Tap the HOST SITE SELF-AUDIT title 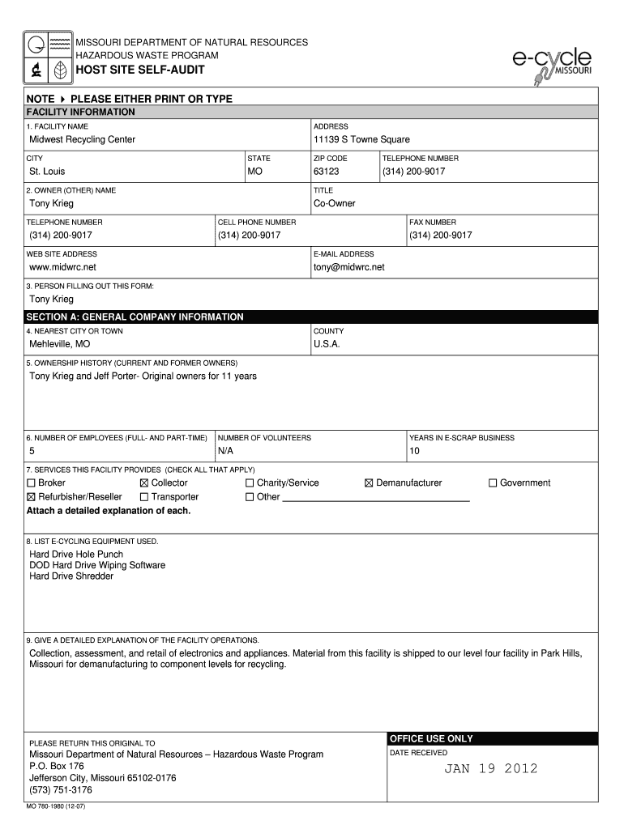tap(140, 70)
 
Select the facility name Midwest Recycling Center tap(83, 140)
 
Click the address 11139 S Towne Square tap(361, 140)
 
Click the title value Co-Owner tap(334, 203)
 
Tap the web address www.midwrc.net tap(62, 266)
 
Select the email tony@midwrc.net tap(348, 266)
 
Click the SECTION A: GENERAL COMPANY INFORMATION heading tap(135, 317)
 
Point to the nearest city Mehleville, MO tap(60, 344)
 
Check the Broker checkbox tap(32, 483)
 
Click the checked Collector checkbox tap(145, 483)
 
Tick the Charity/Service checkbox tap(250, 483)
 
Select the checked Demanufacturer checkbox tap(369, 483)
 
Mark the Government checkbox tap(493, 483)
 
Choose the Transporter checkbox tap(145, 497)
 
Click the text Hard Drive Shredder tap(71, 576)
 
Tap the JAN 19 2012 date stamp tap(490, 769)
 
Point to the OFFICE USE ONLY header tap(431, 739)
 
